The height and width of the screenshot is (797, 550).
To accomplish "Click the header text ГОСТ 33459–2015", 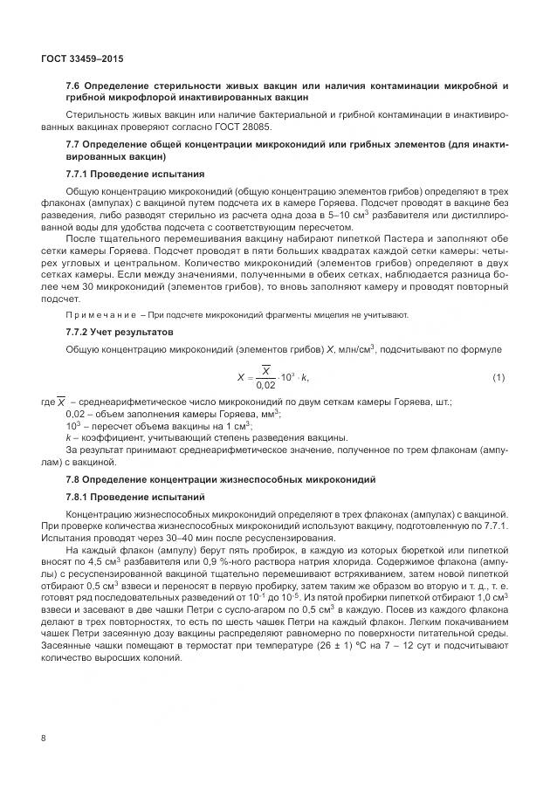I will pos(82,58).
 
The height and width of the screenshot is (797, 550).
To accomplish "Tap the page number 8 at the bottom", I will pos(43,739).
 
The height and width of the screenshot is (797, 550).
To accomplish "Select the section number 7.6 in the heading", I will pos(75,86).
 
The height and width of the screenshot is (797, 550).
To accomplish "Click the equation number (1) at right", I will pos(499,376).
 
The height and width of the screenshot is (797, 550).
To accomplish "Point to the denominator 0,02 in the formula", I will pos(265,385).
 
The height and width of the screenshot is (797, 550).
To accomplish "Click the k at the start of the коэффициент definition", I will pos(68,436).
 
